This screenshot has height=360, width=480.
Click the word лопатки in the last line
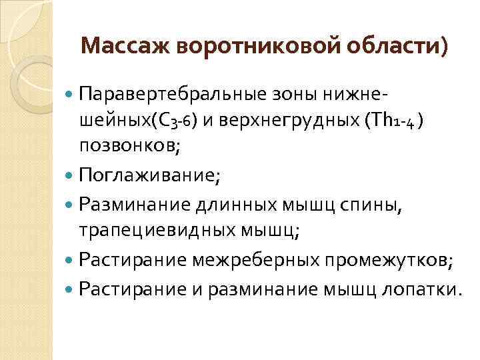[424, 290]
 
